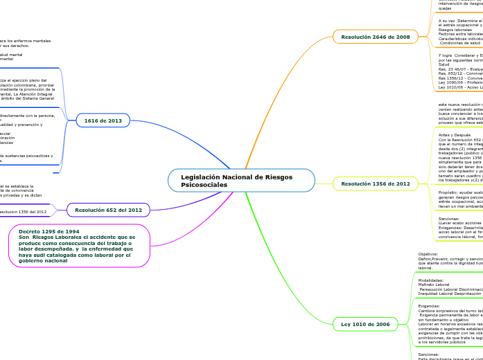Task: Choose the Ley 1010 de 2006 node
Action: click(365, 324)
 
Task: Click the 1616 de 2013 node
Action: click(103, 120)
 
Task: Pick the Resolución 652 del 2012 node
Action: click(108, 209)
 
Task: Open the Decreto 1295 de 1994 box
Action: click(80, 246)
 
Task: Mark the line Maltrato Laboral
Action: click(434, 285)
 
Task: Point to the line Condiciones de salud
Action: click(459, 42)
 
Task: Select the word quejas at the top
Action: click(445, 8)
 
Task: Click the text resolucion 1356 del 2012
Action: click(24, 212)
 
